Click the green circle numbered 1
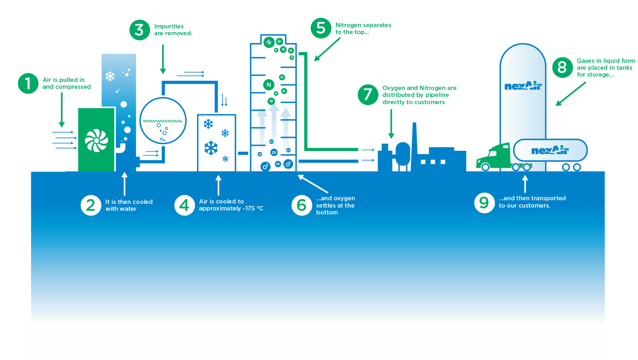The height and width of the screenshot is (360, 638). [28, 83]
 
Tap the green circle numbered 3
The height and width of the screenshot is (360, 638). [139, 30]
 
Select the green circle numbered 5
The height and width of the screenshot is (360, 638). [321, 28]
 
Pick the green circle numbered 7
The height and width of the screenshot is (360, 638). [368, 94]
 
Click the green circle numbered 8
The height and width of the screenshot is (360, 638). [562, 67]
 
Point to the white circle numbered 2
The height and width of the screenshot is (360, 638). [91, 205]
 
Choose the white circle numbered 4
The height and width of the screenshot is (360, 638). [184, 205]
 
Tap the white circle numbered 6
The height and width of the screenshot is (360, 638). [302, 205]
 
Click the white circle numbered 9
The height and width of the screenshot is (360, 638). [484, 202]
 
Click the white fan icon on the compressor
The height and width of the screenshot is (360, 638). [96, 140]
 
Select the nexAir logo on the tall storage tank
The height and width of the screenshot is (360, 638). [523, 86]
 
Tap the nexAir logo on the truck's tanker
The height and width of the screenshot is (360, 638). [550, 150]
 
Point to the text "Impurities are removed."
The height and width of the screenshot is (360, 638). [173, 30]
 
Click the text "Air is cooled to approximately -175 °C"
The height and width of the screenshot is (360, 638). [231, 205]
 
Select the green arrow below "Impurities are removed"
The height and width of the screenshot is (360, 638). [163, 59]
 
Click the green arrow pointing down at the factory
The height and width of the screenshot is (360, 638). [391, 124]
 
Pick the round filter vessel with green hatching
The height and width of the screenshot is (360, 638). [163, 121]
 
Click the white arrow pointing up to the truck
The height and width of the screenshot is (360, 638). [525, 184]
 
